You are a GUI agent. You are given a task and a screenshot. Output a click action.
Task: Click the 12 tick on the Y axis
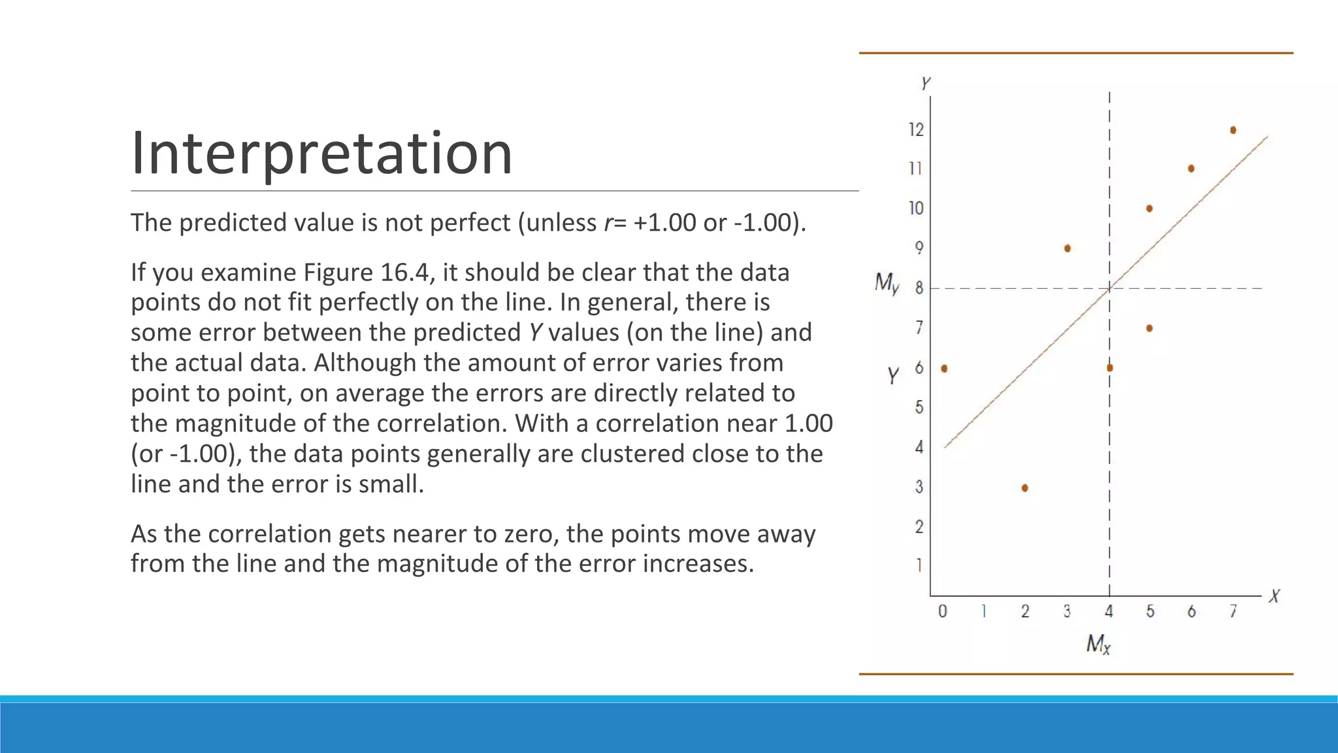(916, 129)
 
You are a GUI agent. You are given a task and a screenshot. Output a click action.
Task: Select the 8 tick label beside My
(919, 288)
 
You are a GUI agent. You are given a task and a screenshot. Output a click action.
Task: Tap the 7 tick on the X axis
(1233, 611)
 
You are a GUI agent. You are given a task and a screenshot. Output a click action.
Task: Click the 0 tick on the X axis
(942, 611)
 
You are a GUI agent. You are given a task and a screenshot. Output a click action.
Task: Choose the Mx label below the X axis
(1098, 644)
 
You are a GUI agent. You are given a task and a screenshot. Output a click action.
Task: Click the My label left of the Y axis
(887, 283)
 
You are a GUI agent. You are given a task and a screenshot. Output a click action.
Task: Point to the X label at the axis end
(1274, 596)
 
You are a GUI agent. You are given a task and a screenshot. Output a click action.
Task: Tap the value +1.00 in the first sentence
(664, 223)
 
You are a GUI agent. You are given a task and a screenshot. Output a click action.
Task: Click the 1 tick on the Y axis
(919, 565)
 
